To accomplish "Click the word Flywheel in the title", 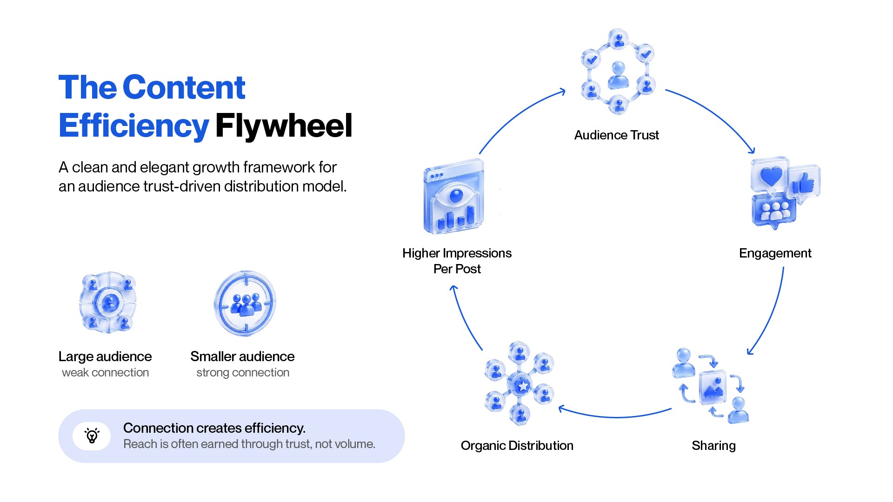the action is pyautogui.click(x=284, y=126).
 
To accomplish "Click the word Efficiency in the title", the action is pyautogui.click(x=133, y=126).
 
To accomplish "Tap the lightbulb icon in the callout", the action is pyautogui.click(x=92, y=436).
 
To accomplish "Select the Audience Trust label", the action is pyautogui.click(x=616, y=135).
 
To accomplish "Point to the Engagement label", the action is pyautogui.click(x=775, y=253).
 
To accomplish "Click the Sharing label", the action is pyautogui.click(x=713, y=446).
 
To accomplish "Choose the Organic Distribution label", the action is pyautogui.click(x=517, y=445).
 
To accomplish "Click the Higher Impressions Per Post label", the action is pyautogui.click(x=457, y=261).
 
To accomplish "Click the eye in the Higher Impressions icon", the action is pyautogui.click(x=456, y=195).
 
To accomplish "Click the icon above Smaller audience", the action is pyautogui.click(x=245, y=304).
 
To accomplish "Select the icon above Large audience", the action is pyautogui.click(x=108, y=303).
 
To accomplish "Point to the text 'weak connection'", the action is pyautogui.click(x=105, y=373).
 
